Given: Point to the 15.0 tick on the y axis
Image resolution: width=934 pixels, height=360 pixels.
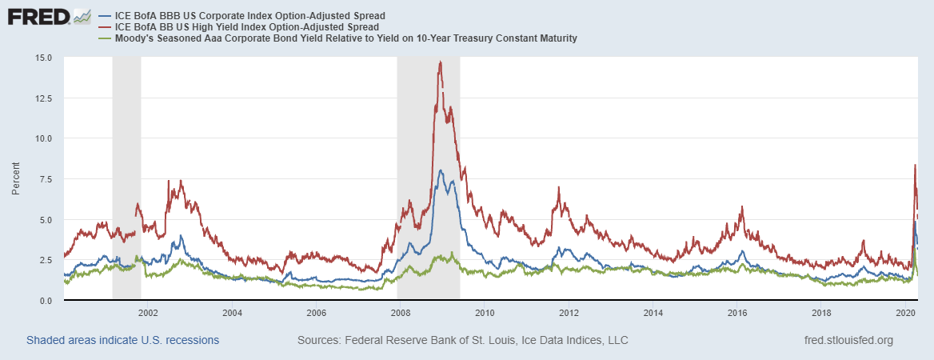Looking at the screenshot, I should coord(43,58).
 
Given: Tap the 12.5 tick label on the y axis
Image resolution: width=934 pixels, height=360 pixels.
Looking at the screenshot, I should coord(43,98).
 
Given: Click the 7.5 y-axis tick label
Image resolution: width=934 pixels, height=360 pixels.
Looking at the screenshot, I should coord(46,179).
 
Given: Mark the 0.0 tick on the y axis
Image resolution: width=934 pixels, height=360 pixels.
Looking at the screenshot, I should coord(46,301).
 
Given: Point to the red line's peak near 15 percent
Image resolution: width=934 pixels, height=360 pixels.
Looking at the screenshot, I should coord(440,62).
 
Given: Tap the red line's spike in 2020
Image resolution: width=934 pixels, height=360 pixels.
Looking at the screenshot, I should coord(915,166).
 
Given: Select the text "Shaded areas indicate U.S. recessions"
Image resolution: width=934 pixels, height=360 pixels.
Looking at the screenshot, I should coord(122,340).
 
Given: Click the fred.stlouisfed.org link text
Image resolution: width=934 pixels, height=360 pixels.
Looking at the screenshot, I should coord(848,340).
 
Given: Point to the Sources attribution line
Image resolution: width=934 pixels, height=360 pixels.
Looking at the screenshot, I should coord(462,340).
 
